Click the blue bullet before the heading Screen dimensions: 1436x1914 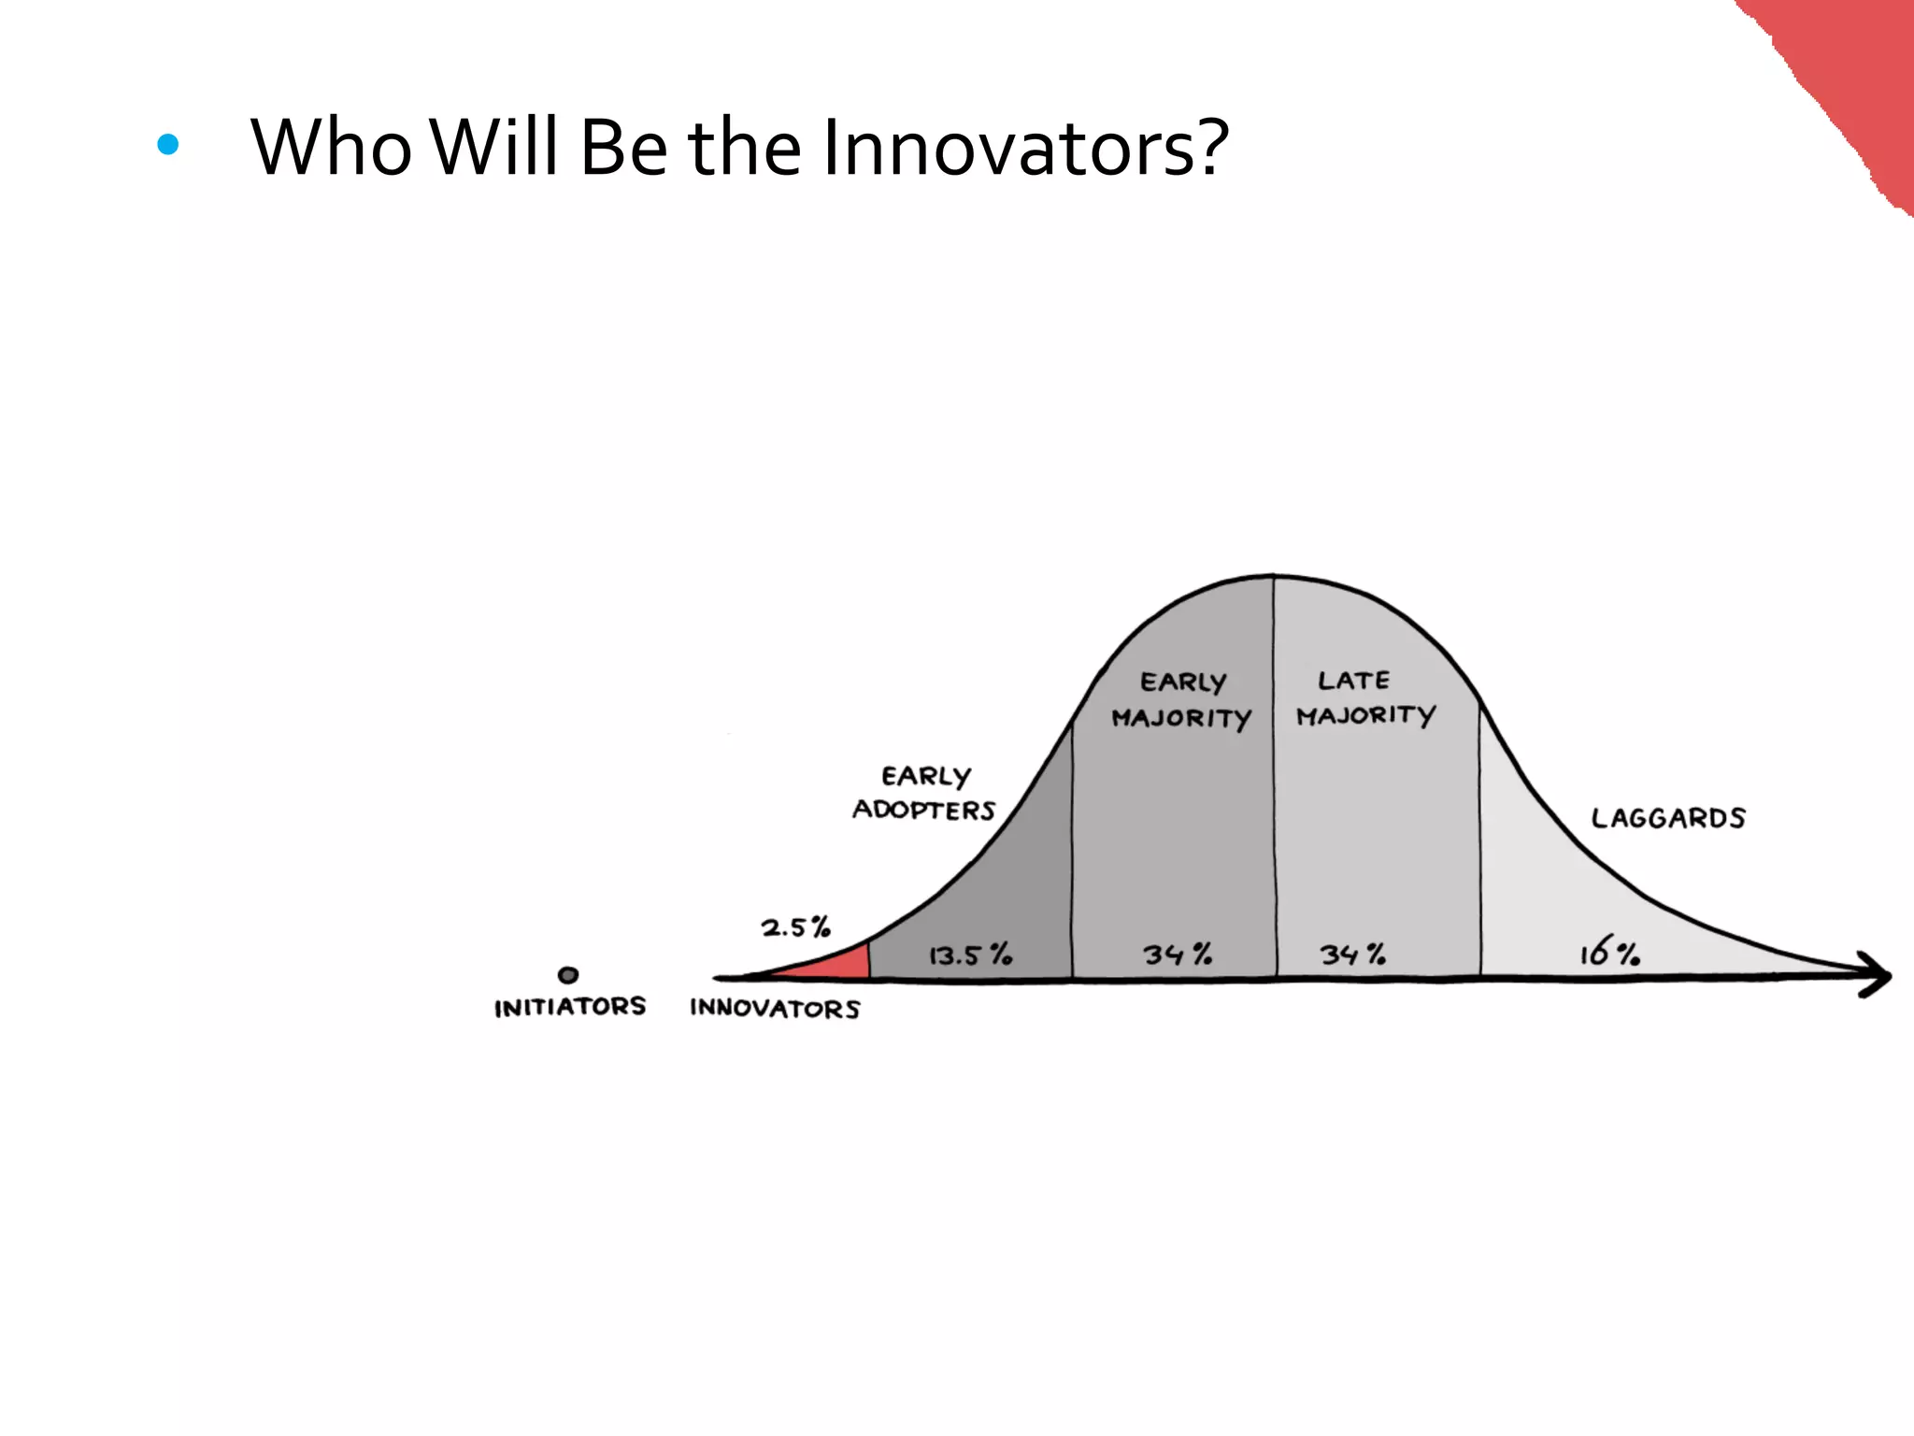(x=168, y=144)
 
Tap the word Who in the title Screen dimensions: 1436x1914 (x=331, y=148)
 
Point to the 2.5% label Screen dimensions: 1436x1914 (x=795, y=927)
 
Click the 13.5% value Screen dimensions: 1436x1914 (x=970, y=955)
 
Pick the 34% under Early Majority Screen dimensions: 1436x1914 (x=1178, y=955)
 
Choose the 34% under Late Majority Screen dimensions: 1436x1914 (x=1352, y=955)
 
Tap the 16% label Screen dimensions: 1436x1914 (x=1609, y=954)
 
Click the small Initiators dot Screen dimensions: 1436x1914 (x=567, y=975)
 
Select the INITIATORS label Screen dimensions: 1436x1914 (x=570, y=1007)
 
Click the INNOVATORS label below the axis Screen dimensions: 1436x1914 (x=775, y=1008)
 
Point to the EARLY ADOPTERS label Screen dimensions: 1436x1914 (x=924, y=793)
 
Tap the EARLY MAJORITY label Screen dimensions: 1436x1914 (x=1181, y=699)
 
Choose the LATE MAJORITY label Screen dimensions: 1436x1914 (x=1364, y=697)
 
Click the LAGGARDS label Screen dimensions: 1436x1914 (x=1668, y=818)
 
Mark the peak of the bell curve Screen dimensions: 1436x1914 (x=1273, y=576)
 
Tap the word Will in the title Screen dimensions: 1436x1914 (x=496, y=148)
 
